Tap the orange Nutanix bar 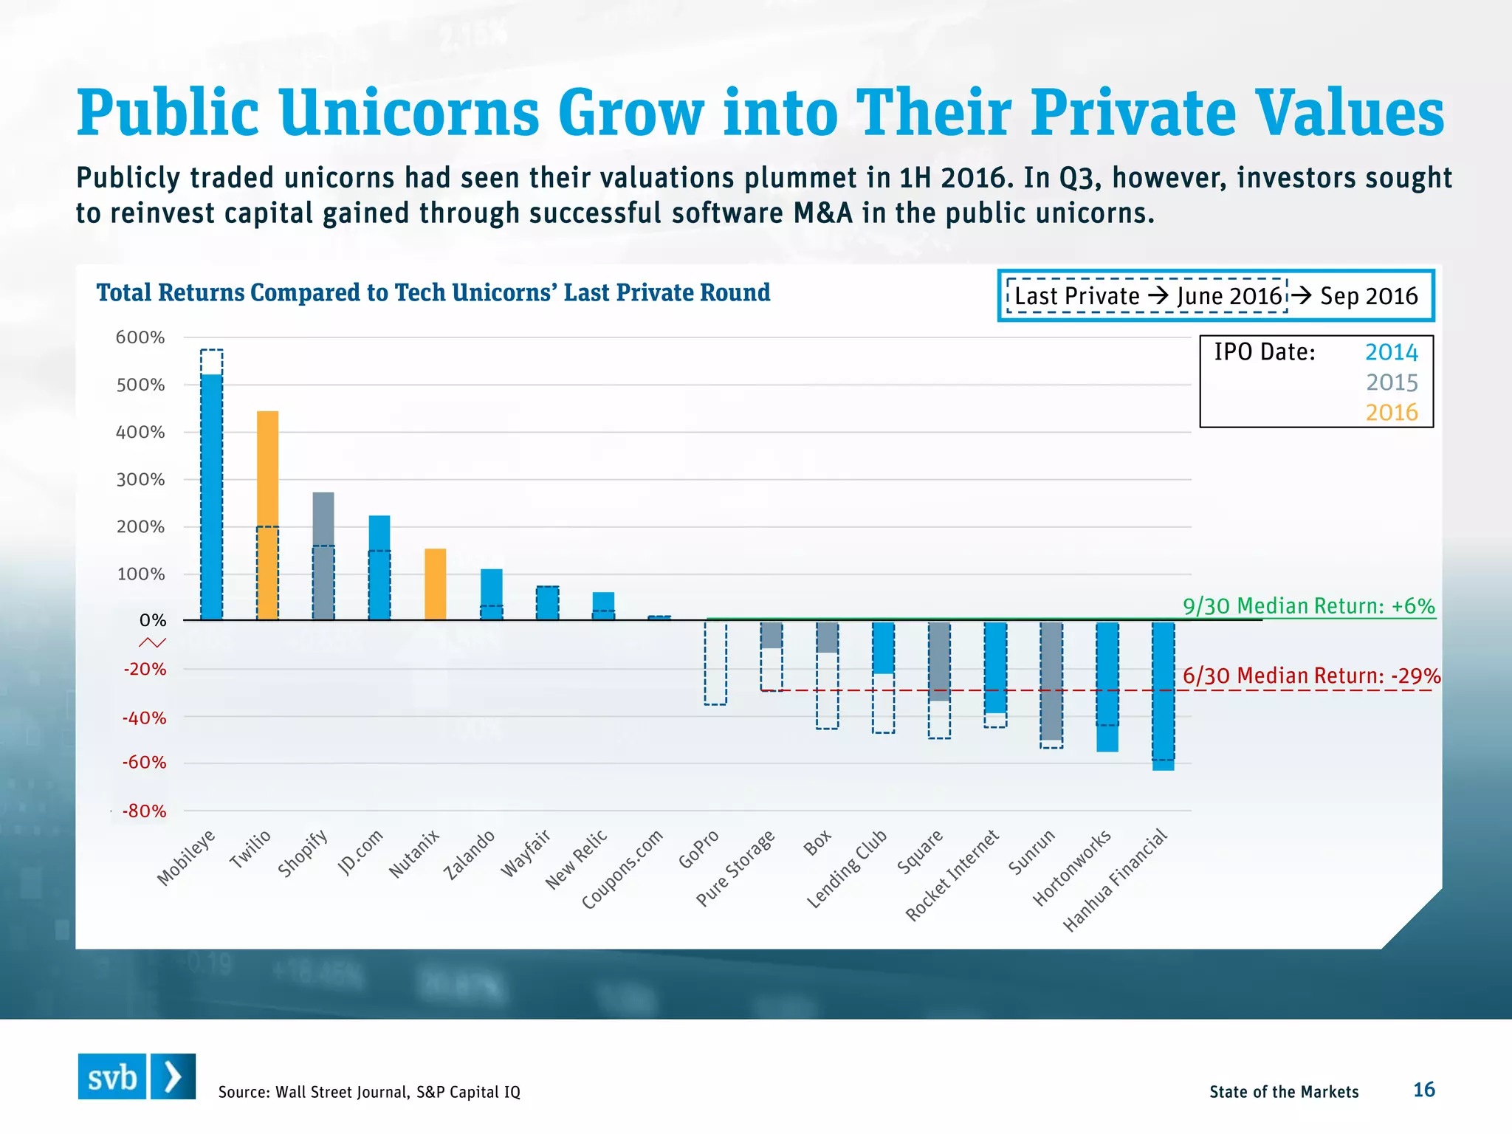click(x=435, y=584)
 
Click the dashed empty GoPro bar click(x=715, y=663)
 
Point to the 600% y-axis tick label click(x=140, y=337)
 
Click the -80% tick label click(x=145, y=811)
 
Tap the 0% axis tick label click(x=153, y=621)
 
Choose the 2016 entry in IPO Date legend click(x=1391, y=412)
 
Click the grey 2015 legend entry click(x=1391, y=382)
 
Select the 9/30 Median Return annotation click(x=1308, y=606)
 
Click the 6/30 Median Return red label click(x=1311, y=676)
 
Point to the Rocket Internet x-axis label click(x=952, y=875)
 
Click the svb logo click(x=137, y=1076)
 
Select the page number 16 click(x=1423, y=1090)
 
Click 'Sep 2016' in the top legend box click(x=1368, y=296)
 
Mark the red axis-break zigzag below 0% click(x=153, y=643)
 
